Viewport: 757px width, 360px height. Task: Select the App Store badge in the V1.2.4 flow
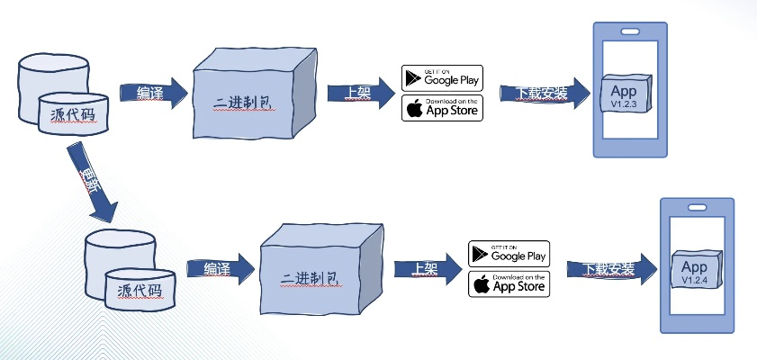(509, 283)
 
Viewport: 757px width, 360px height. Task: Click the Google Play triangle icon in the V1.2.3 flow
(414, 77)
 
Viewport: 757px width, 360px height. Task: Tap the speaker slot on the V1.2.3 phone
(630, 31)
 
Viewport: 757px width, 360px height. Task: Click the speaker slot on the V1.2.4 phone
(696, 207)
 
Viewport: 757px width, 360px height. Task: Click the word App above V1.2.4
(694, 266)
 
